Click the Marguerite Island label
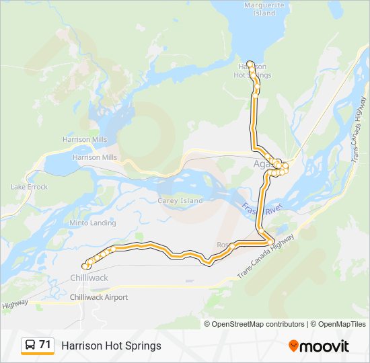pos(260,9)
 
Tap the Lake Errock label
pos(29,187)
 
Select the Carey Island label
pos(180,200)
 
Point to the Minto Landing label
pos(93,223)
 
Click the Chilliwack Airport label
pos(99,297)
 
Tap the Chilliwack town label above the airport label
pos(89,278)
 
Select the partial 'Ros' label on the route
pos(223,245)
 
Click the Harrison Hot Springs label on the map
pos(255,71)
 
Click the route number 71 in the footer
pos(45,345)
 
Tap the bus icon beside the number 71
pos(30,346)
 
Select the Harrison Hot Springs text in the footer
pos(111,346)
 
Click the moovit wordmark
pos(325,346)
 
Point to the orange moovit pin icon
pos(293,346)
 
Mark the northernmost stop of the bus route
pos(250,63)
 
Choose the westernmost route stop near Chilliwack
pos(85,265)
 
